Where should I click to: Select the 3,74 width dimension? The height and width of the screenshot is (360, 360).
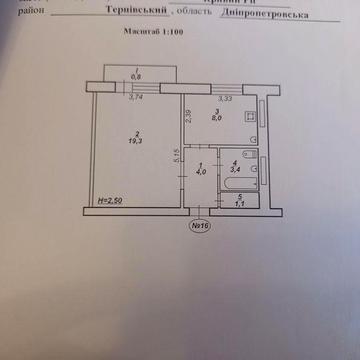(x=136, y=98)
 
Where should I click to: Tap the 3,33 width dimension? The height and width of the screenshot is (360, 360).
(x=224, y=98)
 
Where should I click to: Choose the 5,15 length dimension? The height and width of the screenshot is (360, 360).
(x=174, y=155)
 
